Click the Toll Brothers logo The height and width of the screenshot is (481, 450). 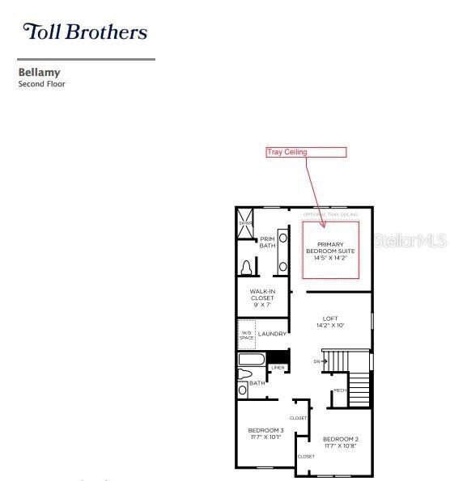(85, 32)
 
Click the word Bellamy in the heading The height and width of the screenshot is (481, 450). (40, 73)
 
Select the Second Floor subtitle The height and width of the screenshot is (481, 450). (41, 84)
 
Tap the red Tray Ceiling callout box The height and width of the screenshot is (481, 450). (306, 152)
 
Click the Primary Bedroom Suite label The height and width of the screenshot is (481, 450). (330, 251)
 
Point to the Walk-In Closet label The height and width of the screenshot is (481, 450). (262, 297)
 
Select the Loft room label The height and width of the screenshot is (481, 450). (330, 322)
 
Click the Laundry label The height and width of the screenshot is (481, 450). (273, 334)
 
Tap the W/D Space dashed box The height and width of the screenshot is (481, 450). (246, 334)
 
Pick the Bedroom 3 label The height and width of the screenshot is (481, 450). (265, 433)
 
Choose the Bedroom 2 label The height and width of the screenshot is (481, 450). (341, 442)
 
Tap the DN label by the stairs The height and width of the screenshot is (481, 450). (317, 361)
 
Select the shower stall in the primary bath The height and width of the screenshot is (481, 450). (245, 220)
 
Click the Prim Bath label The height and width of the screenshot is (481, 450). (267, 242)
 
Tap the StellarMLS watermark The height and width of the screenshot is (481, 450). (411, 241)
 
